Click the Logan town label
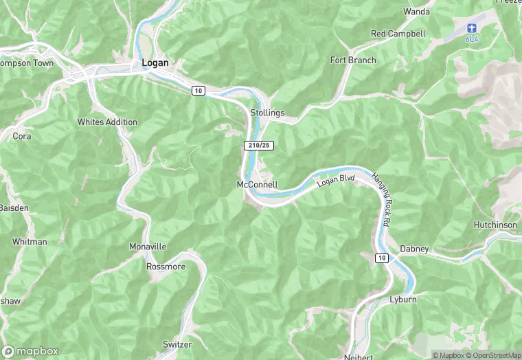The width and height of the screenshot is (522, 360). click(155, 63)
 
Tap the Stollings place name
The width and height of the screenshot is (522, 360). click(267, 113)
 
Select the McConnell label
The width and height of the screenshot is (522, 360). click(257, 185)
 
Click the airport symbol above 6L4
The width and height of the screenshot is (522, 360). click(471, 28)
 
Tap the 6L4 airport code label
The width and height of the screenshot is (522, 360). click(471, 39)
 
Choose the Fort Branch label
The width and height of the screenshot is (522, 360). click(353, 60)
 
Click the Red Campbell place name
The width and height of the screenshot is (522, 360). click(398, 34)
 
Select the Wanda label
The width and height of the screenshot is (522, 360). click(416, 12)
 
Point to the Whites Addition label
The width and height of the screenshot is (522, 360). click(107, 122)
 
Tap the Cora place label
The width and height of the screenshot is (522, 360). click(22, 136)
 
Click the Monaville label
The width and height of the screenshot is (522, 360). click(148, 246)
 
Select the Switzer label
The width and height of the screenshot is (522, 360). click(177, 344)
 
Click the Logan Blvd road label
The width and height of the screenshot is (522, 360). click(336, 181)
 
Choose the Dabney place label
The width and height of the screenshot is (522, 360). click(414, 249)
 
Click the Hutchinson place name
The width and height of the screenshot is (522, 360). click(495, 225)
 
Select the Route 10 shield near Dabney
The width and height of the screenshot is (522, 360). click(381, 258)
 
